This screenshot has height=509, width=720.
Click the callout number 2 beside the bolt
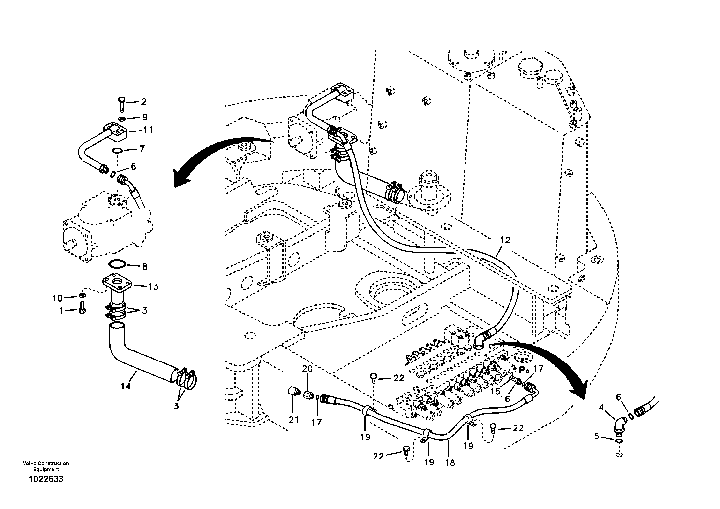144,102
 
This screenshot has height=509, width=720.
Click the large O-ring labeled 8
117,264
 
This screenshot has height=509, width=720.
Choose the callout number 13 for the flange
153,287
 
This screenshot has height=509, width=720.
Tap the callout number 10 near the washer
57,298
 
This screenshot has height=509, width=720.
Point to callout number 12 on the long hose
505,240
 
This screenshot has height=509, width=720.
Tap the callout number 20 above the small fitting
307,369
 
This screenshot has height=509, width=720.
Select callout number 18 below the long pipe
450,463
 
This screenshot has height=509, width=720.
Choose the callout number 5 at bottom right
596,436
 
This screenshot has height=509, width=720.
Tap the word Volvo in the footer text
29,463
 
